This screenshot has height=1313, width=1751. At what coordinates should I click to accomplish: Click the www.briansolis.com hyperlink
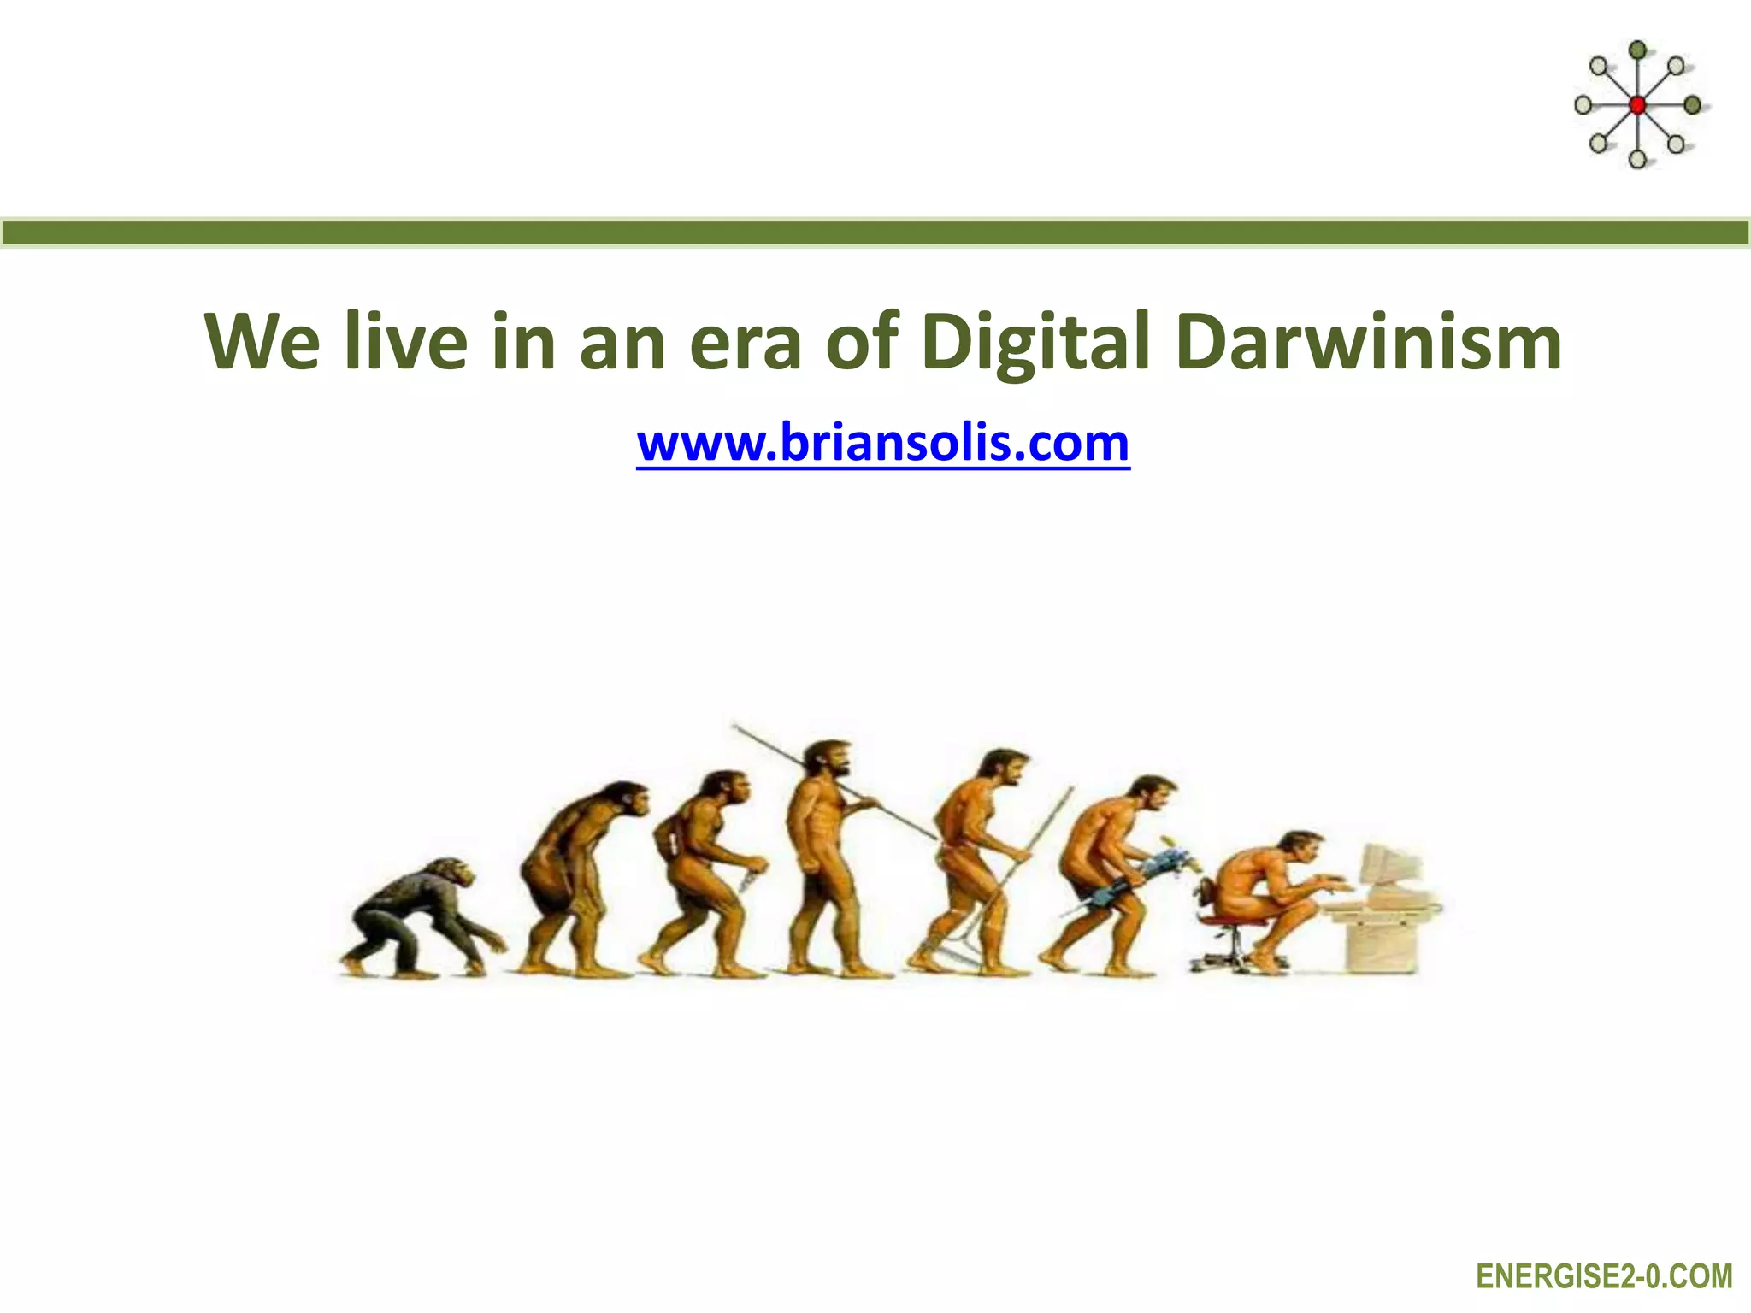coord(883,443)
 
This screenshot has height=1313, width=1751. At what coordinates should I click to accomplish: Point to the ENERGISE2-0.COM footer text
coord(1604,1276)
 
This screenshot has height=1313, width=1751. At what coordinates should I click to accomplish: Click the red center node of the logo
coord(1637,105)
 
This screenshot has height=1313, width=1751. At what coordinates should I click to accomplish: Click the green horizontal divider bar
coord(875,233)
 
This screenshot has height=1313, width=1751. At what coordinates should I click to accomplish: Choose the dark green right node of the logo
coord(1692,105)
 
